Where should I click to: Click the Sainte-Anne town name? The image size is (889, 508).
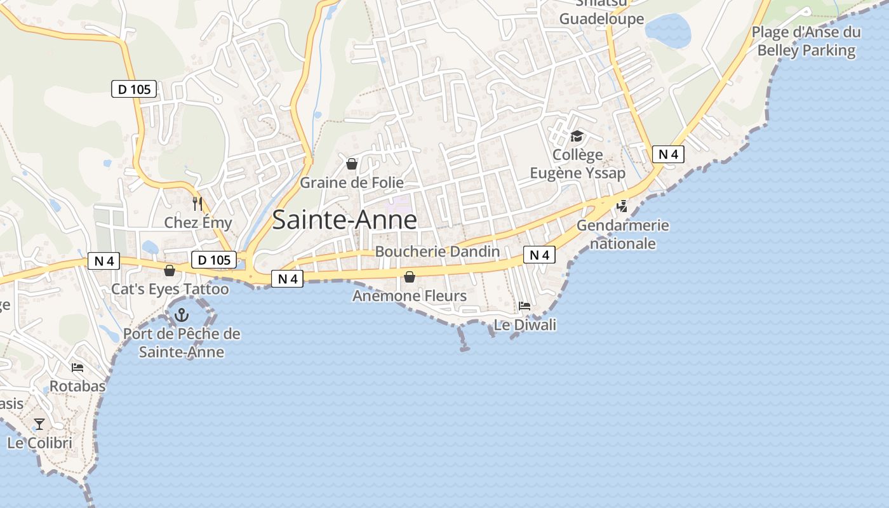coord(345,220)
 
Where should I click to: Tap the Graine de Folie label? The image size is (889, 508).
coord(352,183)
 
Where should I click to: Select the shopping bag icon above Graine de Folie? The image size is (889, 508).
coord(352,164)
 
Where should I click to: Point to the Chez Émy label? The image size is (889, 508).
coord(198,222)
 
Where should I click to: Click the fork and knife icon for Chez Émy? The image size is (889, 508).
coord(197,204)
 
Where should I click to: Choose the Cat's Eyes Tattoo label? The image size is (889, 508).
coord(170,289)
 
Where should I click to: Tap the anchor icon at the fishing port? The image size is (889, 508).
coord(182,314)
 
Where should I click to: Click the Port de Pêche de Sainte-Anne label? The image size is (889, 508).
coord(182,343)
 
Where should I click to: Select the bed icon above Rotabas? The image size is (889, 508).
coord(77,368)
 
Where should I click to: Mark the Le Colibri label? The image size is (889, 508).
coord(40,443)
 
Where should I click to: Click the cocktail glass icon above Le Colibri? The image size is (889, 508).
coord(40,424)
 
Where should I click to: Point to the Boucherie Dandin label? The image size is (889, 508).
coord(438,251)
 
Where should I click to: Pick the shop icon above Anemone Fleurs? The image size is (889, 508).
coord(410,277)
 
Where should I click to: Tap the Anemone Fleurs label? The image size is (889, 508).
coord(410,296)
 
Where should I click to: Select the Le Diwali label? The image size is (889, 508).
coord(525,325)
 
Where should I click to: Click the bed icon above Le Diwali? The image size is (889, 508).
coord(525,306)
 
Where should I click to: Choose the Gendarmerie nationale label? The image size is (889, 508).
coord(623,234)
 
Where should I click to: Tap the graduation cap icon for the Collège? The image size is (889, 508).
coord(577,136)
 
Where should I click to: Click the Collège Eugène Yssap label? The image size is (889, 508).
coord(578,164)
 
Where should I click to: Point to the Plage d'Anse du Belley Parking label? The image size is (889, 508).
coord(806,41)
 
